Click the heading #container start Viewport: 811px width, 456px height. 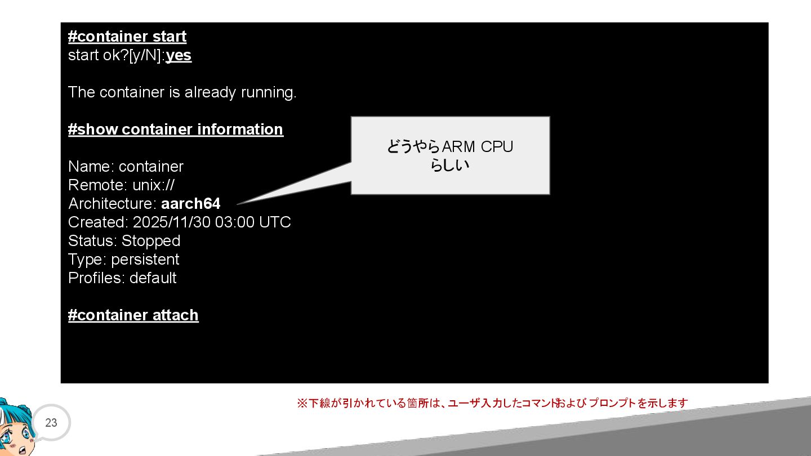click(127, 37)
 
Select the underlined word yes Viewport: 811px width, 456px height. click(179, 56)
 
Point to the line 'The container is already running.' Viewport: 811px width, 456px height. click(182, 92)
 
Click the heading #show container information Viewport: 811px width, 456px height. click(175, 129)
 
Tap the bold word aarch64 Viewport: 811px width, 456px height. click(190, 204)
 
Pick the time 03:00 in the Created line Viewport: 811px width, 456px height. click(235, 222)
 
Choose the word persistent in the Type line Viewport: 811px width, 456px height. click(145, 260)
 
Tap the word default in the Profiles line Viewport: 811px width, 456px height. click(153, 278)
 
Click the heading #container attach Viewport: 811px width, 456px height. click(133, 315)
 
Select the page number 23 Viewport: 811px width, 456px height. click(51, 423)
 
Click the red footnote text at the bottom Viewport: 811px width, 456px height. click(492, 404)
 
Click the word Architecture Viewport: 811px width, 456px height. click(112, 204)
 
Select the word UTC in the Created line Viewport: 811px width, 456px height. click(275, 222)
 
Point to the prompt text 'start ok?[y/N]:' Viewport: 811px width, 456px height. click(116, 56)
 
